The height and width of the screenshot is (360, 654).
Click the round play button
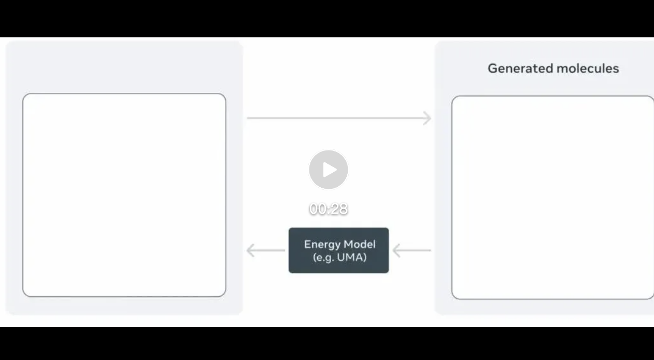point(329,170)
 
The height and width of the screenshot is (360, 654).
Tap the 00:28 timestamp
point(329,209)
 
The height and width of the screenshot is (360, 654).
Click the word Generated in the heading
point(521,68)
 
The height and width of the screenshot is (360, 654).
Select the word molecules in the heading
point(588,68)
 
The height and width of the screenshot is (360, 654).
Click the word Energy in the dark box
point(322,244)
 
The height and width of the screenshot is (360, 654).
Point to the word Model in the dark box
point(360,244)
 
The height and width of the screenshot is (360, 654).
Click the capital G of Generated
point(493,68)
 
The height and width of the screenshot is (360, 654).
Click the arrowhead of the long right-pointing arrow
point(427,118)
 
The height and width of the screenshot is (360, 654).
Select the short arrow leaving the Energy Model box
point(266,251)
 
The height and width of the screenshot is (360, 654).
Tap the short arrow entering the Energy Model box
point(412,251)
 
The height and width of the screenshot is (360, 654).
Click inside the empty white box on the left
point(124,195)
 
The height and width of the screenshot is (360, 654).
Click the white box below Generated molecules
point(553,197)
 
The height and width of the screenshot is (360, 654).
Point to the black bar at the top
point(327,18)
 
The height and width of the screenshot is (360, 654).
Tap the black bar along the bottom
point(327,343)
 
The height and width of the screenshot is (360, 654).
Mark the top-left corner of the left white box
point(23,94)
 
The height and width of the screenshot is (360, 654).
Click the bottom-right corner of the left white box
point(226,296)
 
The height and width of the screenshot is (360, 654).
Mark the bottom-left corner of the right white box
point(452,299)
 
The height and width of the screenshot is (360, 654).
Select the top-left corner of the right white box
point(452,96)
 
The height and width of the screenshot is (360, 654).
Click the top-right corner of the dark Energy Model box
point(389,228)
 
